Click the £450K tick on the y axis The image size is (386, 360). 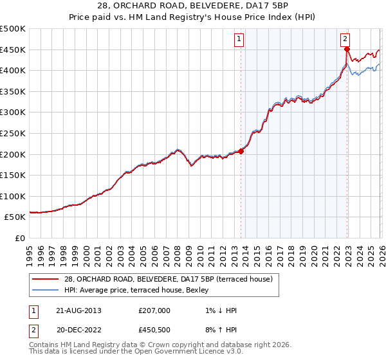pyautogui.click(x=13, y=50)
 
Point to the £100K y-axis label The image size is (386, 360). pyautogui.click(x=13, y=196)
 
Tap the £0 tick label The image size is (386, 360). pyautogui.click(x=21, y=238)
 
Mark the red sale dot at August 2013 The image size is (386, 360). pyautogui.click(x=241, y=151)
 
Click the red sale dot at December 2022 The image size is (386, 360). pyautogui.click(x=347, y=49)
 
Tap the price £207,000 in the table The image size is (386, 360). pyautogui.click(x=154, y=310)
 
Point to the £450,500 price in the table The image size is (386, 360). pyautogui.click(x=154, y=331)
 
